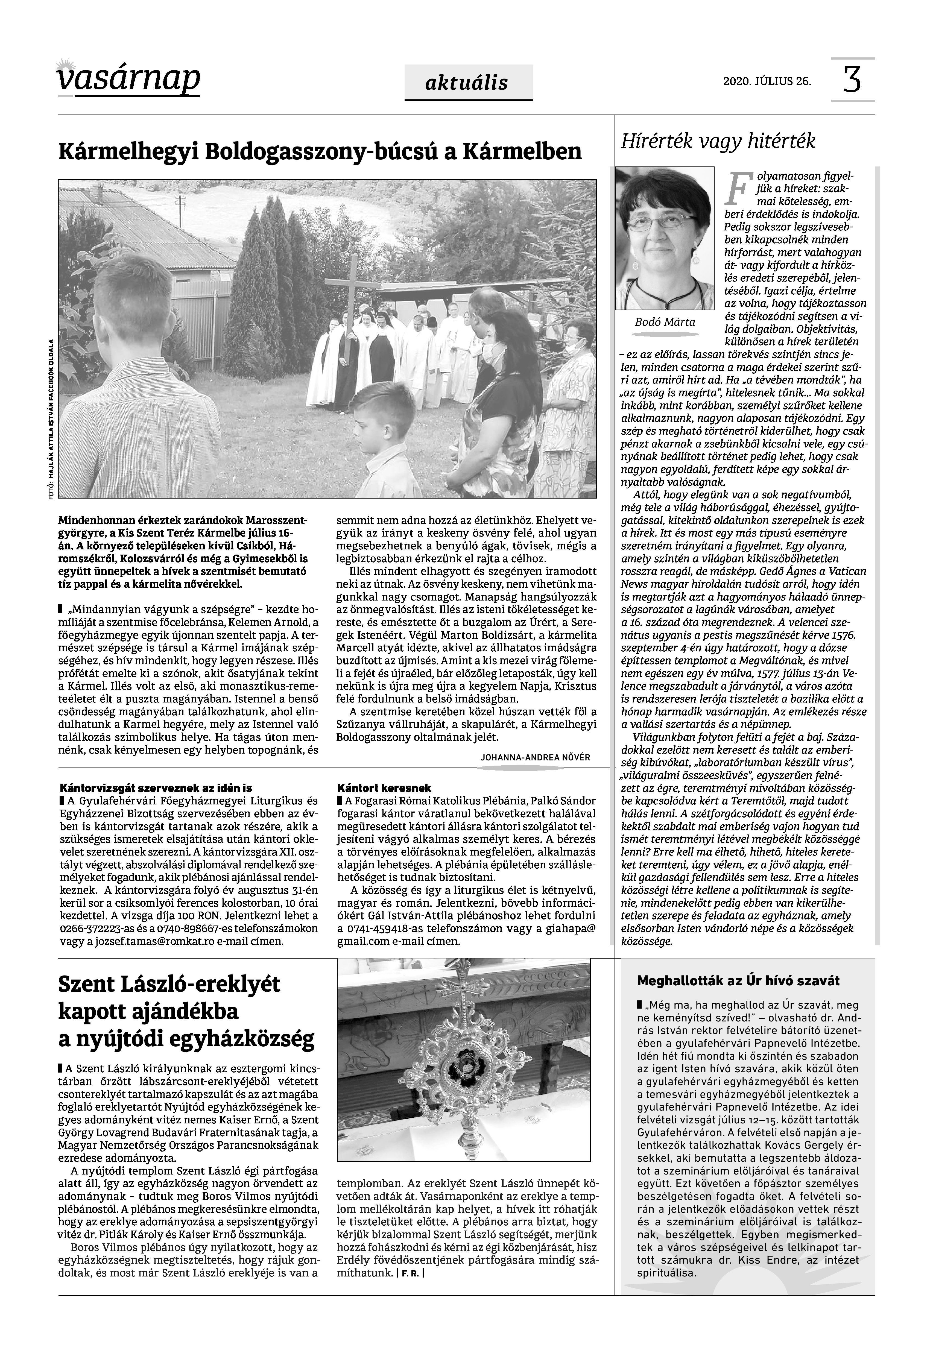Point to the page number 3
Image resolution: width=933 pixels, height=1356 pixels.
point(852,80)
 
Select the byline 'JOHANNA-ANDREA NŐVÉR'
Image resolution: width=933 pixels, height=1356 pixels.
point(535,757)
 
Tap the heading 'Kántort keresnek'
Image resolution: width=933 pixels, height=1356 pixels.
point(384,789)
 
